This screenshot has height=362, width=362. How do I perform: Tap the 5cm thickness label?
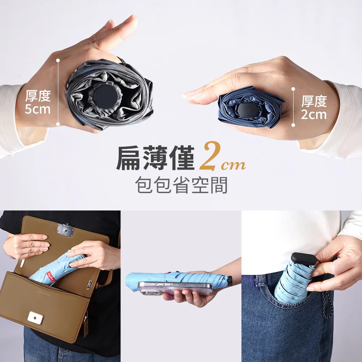[x=37, y=109]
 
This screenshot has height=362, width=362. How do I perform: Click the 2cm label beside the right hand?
[x=314, y=114]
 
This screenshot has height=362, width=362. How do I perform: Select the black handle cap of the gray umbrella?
[x=106, y=95]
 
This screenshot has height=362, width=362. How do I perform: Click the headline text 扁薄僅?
[x=155, y=158]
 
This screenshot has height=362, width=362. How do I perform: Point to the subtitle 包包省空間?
[x=181, y=185]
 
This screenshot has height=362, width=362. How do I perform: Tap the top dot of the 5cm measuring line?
[x=58, y=60]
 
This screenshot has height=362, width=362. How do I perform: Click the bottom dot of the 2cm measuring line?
[x=293, y=125]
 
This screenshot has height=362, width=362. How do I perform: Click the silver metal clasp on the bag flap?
[x=66, y=230]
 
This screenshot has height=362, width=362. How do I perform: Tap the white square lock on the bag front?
[x=35, y=318]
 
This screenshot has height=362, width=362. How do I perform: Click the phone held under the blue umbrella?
[x=175, y=288]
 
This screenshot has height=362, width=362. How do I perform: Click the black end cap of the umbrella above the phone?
[x=230, y=281]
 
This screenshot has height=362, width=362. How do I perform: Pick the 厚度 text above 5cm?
[x=38, y=96]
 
